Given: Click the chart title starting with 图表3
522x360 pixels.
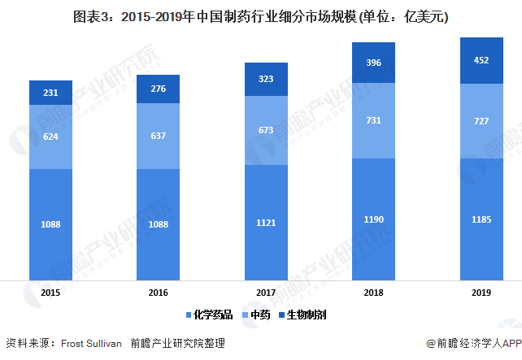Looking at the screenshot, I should click(261, 15).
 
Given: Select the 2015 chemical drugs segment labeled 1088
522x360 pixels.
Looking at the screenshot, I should click(50, 223).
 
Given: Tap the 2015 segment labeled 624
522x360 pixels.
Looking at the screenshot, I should click(50, 137).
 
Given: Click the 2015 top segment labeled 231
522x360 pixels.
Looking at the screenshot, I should click(50, 93).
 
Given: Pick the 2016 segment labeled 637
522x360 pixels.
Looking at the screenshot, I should click(158, 136).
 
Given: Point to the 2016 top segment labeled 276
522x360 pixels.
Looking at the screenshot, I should click(158, 88).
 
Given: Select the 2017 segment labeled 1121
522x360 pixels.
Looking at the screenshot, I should click(266, 221).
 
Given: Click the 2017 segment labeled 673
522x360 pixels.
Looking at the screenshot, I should click(266, 130).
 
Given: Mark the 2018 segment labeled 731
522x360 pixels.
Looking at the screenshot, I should click(373, 120).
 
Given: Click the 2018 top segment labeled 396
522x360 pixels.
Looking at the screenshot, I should click(373, 63).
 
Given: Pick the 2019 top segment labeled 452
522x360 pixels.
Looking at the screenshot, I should click(481, 59).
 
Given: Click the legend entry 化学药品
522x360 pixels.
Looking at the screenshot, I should click(211, 314).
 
